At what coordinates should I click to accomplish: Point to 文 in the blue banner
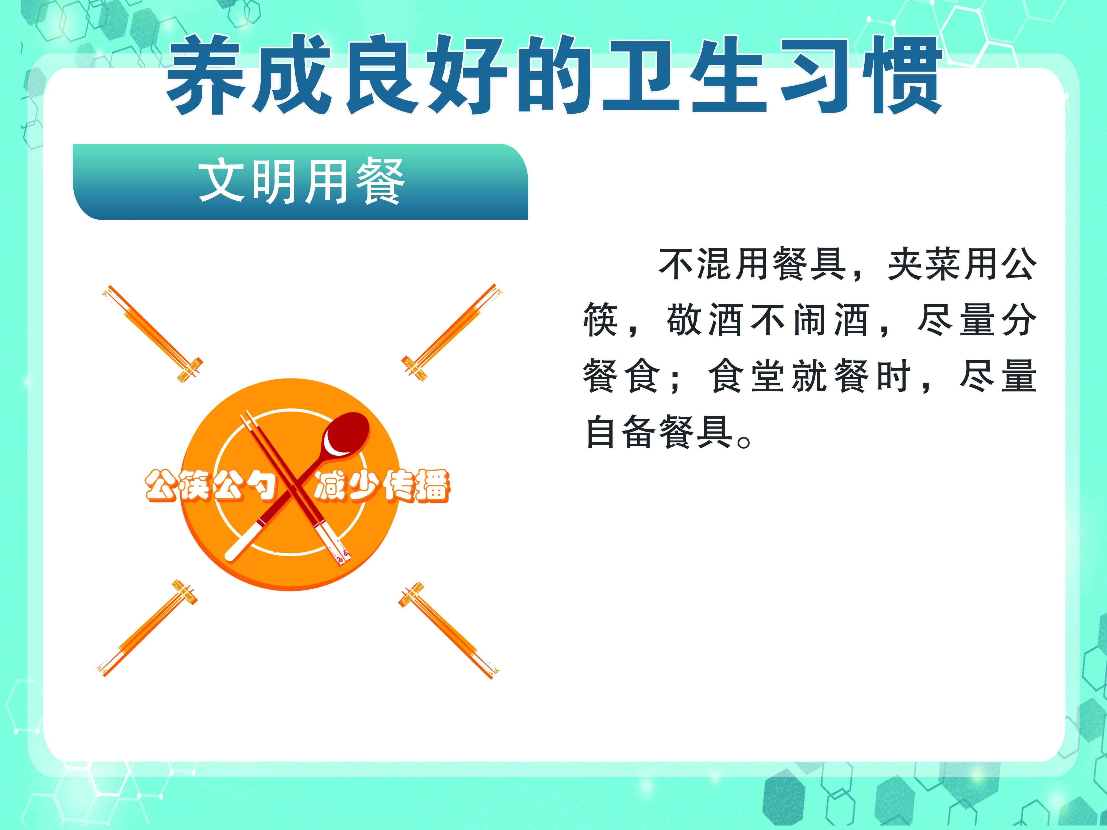(x=222, y=181)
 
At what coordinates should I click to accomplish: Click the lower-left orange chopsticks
(x=147, y=628)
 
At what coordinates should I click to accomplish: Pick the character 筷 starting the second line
(x=601, y=320)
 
